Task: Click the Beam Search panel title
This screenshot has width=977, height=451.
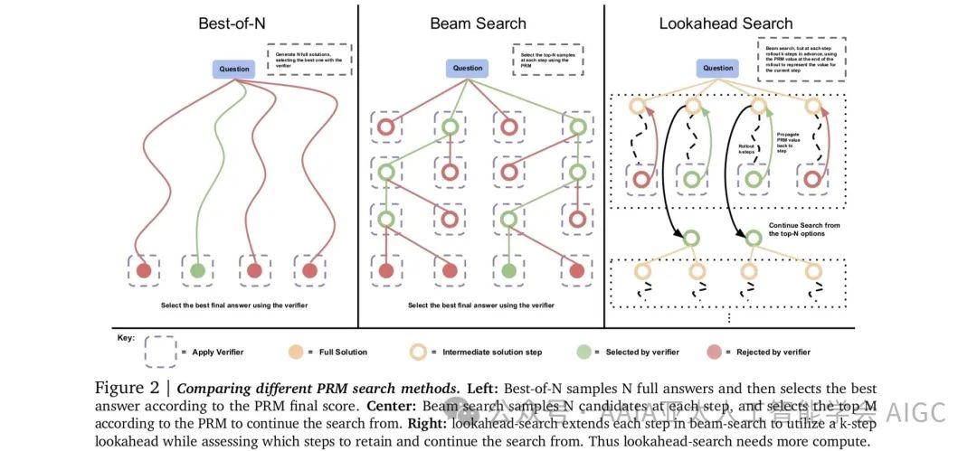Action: [479, 23]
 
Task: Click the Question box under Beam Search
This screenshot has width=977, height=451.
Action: [468, 68]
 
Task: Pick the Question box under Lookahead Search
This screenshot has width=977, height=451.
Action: [718, 68]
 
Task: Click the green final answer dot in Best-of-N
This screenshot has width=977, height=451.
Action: [197, 270]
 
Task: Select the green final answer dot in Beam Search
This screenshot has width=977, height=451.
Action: [508, 270]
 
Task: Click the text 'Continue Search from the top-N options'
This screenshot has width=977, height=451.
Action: [805, 230]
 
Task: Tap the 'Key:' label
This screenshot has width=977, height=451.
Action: [126, 337]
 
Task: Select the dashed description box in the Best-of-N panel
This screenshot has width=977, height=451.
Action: [308, 59]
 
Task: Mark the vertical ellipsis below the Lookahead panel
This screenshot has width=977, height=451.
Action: [729, 318]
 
